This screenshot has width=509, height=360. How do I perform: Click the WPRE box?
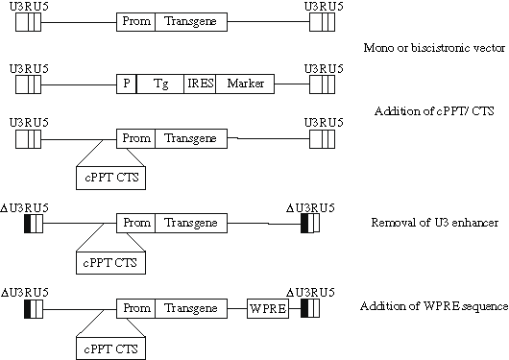[266, 309]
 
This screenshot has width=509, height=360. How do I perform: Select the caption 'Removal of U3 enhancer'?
[421, 224]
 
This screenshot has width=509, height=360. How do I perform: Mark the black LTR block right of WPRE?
[304, 309]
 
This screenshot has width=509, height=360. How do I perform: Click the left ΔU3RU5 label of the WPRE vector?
[25, 290]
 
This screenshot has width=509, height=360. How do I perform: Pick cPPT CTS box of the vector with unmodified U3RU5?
[109, 176]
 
